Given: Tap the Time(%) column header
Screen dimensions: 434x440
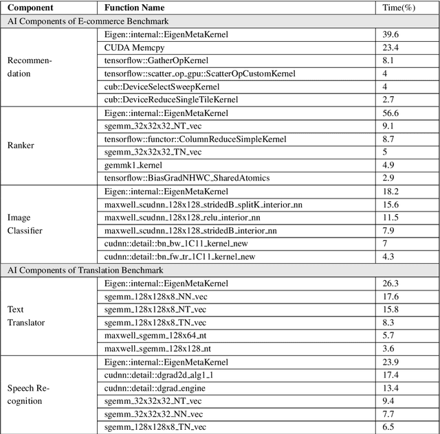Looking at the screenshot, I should tap(397, 8).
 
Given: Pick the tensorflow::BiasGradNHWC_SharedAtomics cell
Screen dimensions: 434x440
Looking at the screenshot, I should tap(186, 178).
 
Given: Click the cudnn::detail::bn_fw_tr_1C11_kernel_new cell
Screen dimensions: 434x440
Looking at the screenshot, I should tap(179, 256).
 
